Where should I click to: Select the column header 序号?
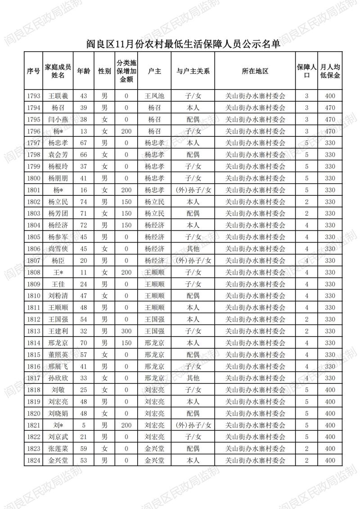pos(34,71)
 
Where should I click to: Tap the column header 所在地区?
pos(255,71)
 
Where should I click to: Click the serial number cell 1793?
pos(34,96)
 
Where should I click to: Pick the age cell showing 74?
pos(83,202)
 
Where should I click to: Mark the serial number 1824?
pos(34,460)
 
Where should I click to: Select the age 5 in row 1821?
pos(83,425)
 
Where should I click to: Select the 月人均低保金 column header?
pos(330,71)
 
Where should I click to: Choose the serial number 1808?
pos(34,272)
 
